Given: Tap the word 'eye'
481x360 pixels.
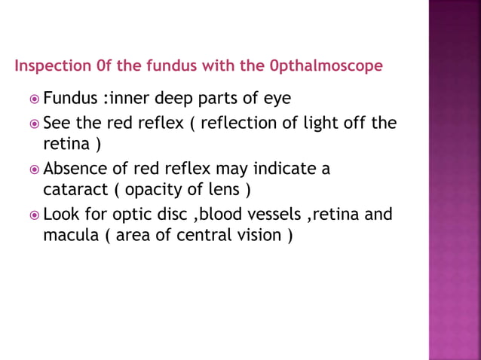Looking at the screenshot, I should [277, 99].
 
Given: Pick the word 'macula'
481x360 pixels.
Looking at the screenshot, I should [69, 235].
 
